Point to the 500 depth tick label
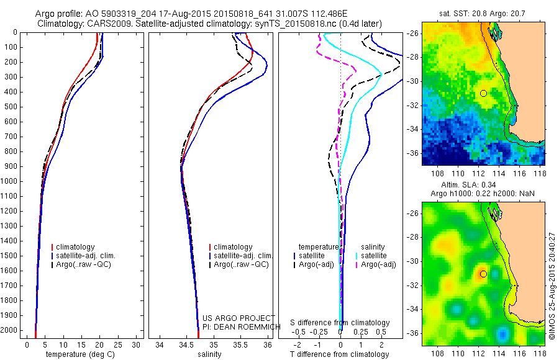[x=9, y=107]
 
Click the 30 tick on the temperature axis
[x=137, y=344]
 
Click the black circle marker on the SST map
[x=483, y=93]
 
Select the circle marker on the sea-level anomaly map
[x=483, y=274]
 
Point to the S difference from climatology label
[x=340, y=323]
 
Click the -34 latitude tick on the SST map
[x=413, y=129]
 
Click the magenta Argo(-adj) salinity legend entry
[x=378, y=264]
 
